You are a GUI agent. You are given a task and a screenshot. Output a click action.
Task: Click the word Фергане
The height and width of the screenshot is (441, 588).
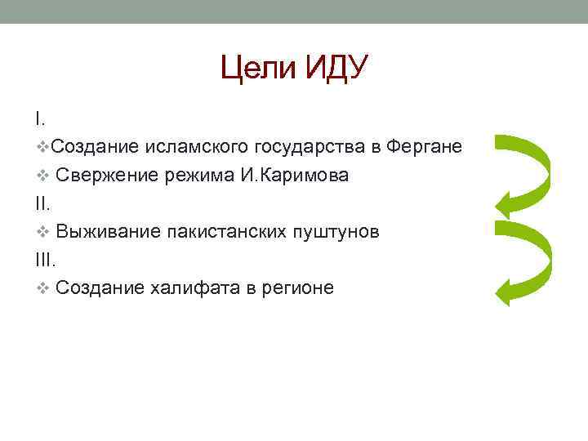425,147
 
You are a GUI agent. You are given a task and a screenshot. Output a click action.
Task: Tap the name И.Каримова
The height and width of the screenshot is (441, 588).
296,176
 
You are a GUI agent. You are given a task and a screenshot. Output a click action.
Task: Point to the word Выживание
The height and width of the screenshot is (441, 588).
106,232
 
